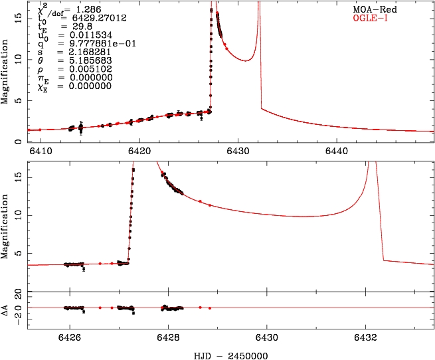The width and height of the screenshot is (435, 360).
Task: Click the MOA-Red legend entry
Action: tap(376, 10)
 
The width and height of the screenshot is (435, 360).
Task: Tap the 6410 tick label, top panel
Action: tap(41, 150)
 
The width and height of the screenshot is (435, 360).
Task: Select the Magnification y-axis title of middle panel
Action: tap(5, 223)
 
